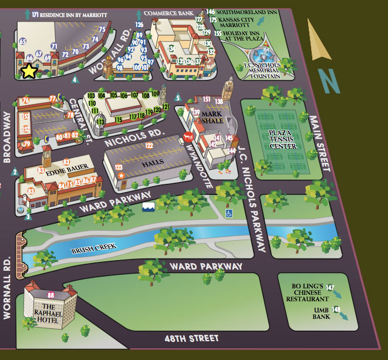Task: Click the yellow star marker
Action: click(x=28, y=71)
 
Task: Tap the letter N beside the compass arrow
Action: click(x=330, y=82)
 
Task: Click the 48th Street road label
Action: click(x=192, y=338)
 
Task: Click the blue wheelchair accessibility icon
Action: click(x=230, y=213)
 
